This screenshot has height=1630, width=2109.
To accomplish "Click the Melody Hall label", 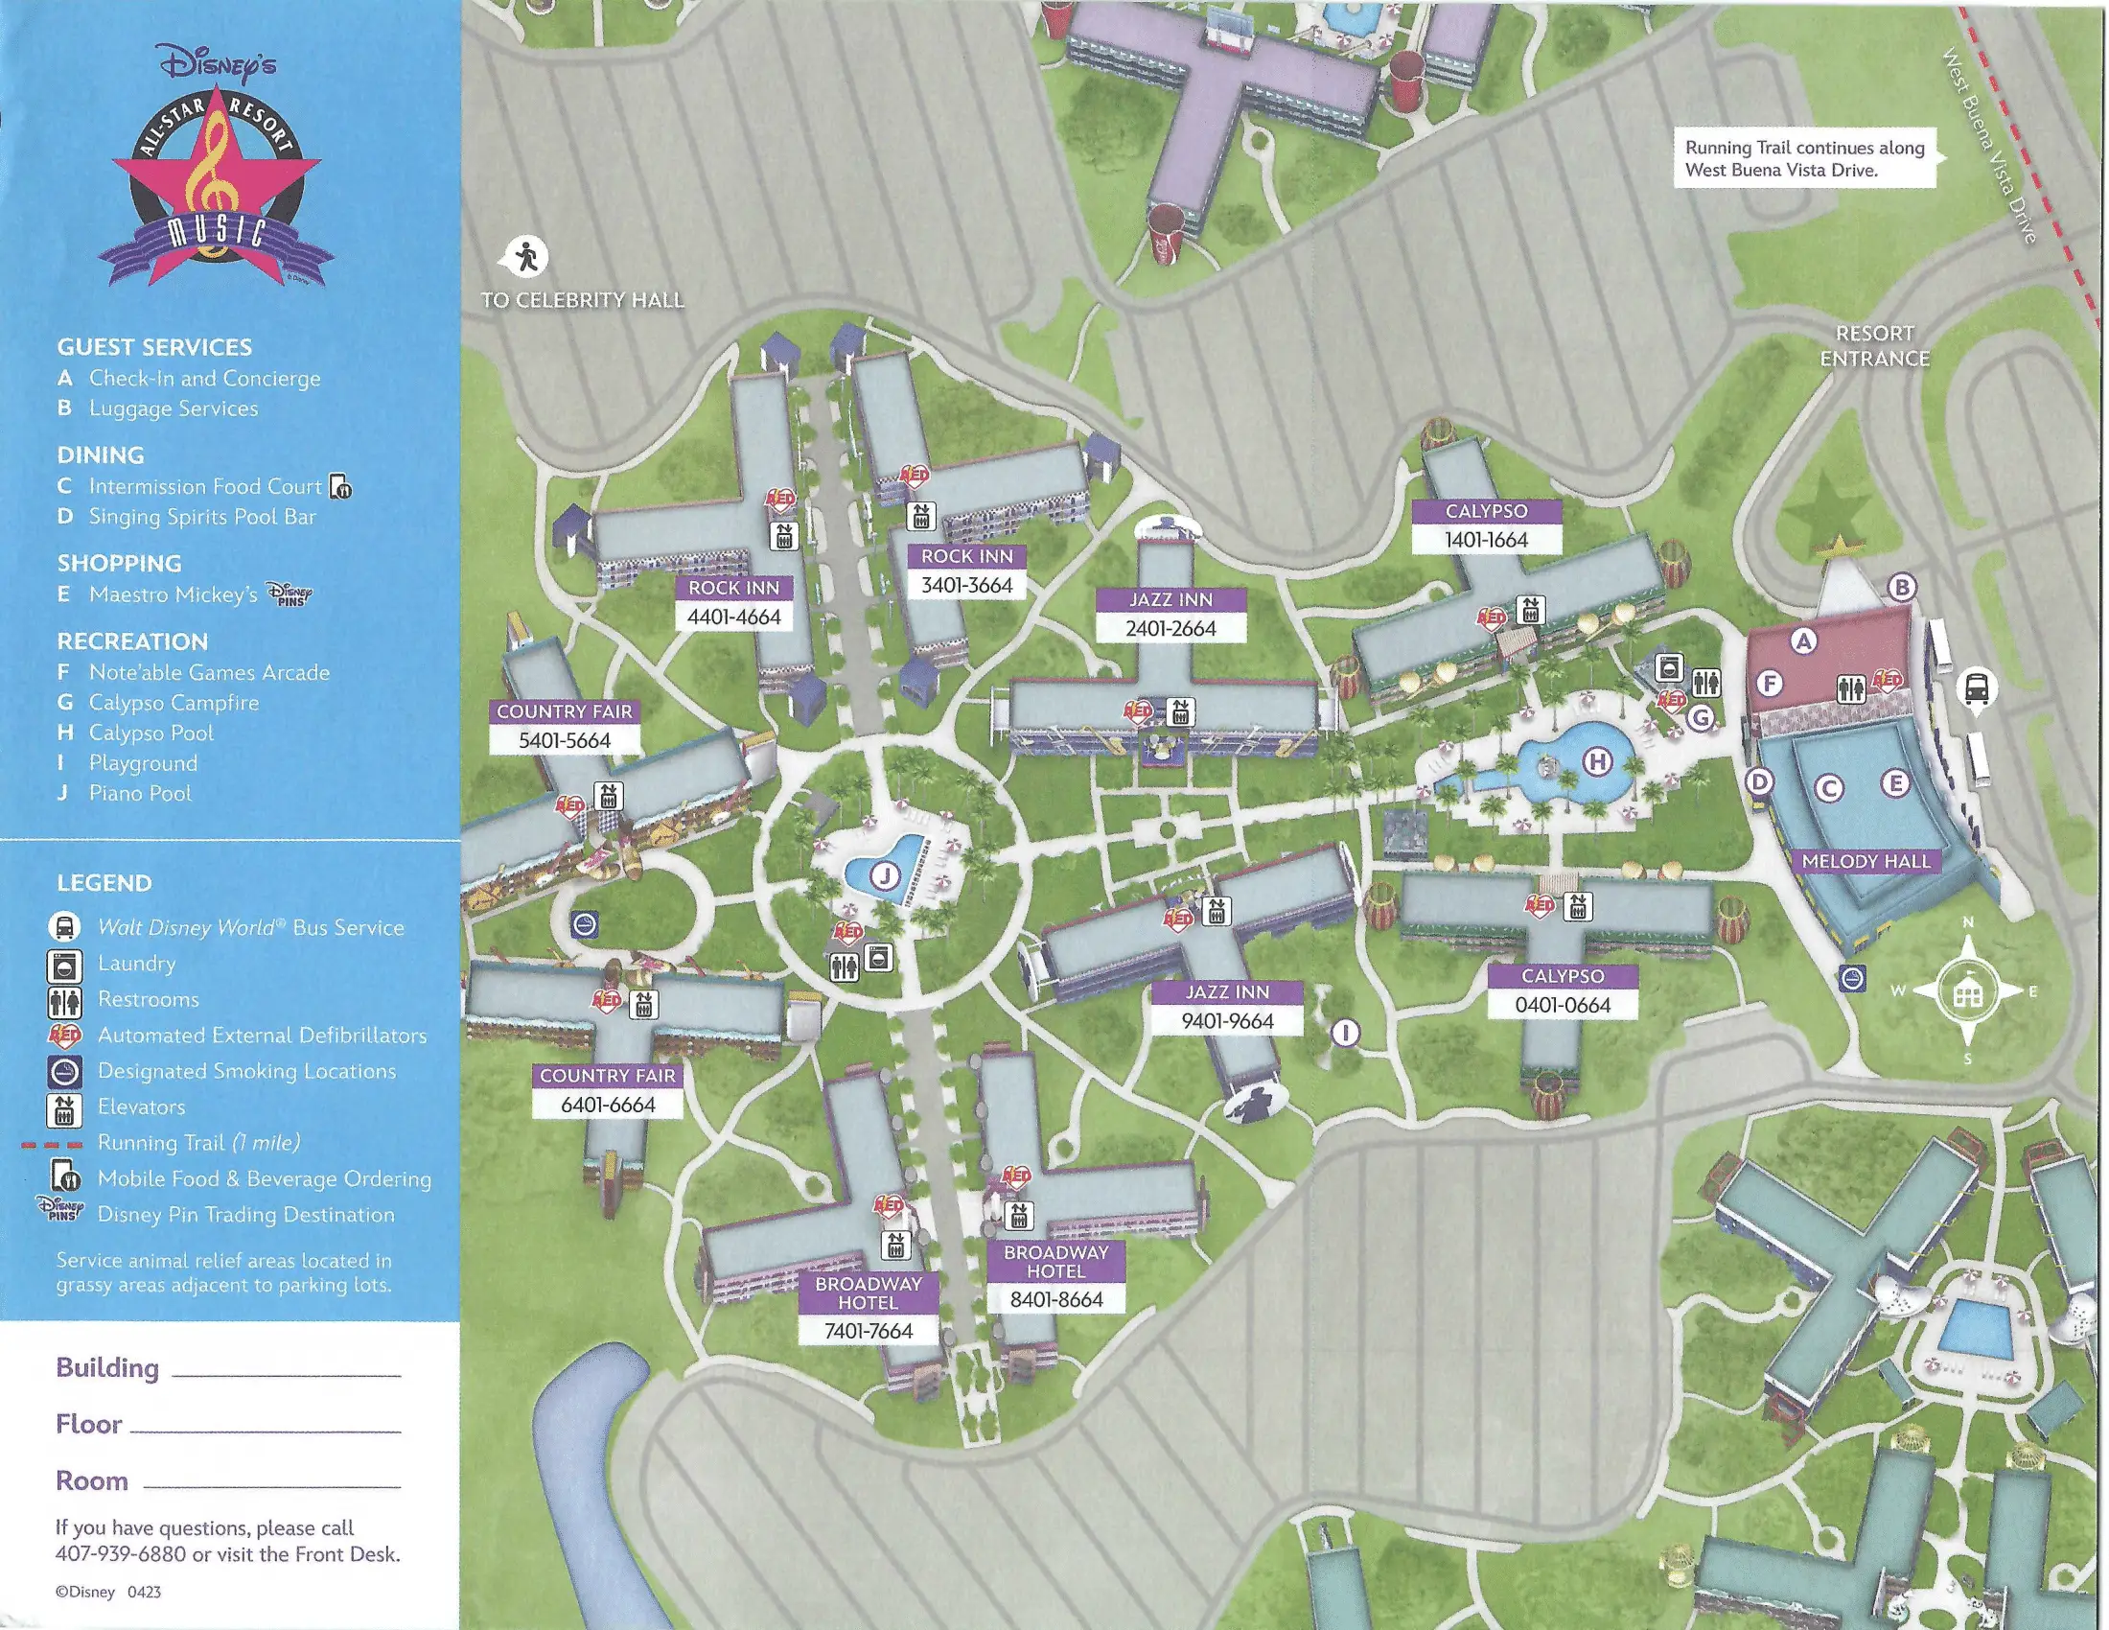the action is [1865, 861].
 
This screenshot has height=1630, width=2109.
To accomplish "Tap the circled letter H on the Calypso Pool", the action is [1598, 762].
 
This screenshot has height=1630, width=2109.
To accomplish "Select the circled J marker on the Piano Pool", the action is [885, 876].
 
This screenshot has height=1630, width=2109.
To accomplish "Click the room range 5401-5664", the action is [565, 740].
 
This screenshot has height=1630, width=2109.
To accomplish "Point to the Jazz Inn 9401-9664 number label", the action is [1227, 1021].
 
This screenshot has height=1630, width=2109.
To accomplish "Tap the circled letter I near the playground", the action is [1345, 1033].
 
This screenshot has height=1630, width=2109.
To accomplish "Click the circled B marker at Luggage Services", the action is [1901, 586].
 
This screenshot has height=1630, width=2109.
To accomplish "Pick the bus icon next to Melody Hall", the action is [1976, 688].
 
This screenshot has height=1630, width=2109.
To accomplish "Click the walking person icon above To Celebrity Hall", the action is [527, 257].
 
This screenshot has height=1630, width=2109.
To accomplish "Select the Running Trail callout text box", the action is [1805, 158].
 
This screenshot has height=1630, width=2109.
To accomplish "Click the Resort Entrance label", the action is [1874, 346].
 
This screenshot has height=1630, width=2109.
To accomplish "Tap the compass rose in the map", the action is [1968, 990].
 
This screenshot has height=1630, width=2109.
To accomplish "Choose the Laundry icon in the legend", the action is [64, 965].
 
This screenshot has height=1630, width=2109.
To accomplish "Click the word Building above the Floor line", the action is [107, 1368].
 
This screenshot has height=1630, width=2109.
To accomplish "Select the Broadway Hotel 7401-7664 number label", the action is [869, 1331].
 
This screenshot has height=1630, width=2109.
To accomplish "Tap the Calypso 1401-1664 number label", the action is [1486, 540].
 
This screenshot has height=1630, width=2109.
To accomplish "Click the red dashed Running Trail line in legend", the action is [52, 1144].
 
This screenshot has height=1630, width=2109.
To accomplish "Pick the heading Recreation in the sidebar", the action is [132, 641].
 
